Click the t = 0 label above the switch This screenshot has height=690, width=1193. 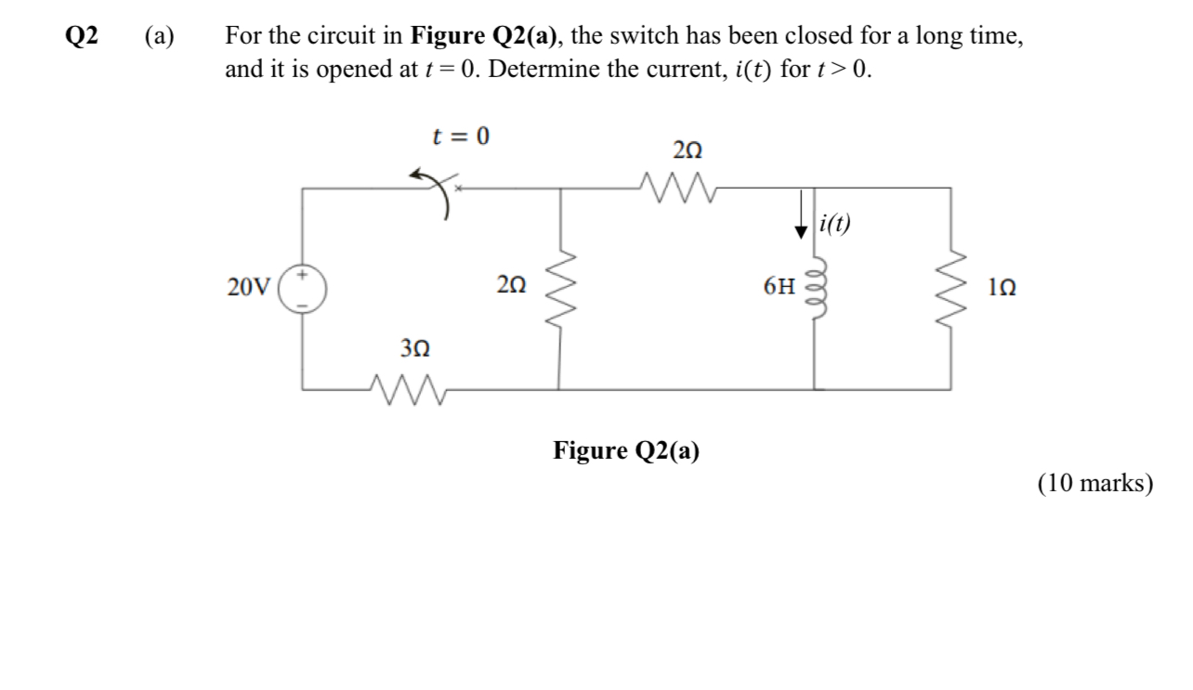pos(461,137)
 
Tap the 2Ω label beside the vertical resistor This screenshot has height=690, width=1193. pos(511,287)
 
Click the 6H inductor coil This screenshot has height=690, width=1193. pos(815,287)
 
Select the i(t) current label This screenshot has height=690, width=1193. pos(836,223)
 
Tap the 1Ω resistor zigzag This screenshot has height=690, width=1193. pos(950,287)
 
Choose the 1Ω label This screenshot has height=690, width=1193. pos(1000,287)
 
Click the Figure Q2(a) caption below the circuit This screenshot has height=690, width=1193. pos(626,451)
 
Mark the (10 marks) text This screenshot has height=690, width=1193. pos(1095,483)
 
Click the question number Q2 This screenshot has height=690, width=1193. pos(82,37)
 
